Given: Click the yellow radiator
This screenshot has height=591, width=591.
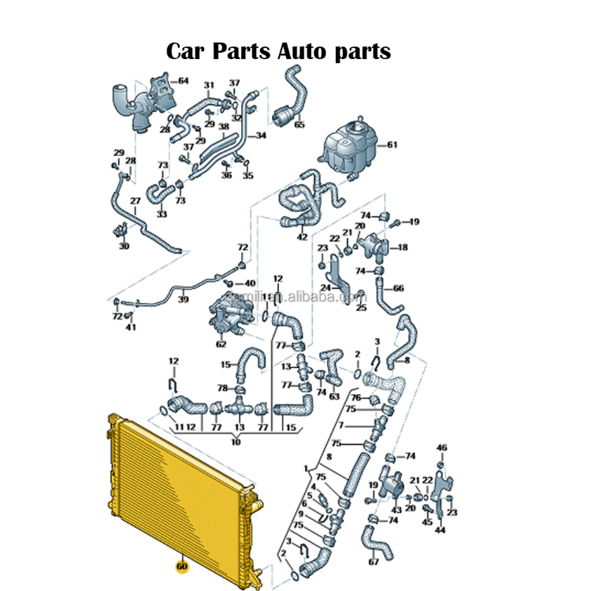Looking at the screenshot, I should pos(181,489).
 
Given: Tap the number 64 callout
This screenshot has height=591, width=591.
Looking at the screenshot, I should pos(183,80).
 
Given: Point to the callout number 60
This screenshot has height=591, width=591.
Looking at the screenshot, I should pos(182,566).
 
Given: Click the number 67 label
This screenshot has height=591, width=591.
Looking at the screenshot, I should pos(374,562).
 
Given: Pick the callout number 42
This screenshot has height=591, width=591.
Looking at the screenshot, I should pos(303,236).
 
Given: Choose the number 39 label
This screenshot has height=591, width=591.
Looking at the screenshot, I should pos(183,299).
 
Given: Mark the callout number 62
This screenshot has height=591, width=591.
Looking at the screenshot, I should pos(221,344).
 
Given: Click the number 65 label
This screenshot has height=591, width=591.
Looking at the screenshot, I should pos(299,125).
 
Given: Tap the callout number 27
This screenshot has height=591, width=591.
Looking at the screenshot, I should pos(135,201).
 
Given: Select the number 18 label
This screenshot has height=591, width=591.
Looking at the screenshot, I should pos(403,247).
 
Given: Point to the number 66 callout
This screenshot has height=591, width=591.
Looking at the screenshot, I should pos(399,288).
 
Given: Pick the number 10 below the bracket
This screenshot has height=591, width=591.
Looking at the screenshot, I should pos(235,443).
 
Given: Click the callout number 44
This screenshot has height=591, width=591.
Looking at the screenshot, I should pos(440,530).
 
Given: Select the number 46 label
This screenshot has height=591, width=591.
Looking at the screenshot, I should pos(441,448).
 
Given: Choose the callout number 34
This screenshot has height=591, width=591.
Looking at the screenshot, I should pos(261,136).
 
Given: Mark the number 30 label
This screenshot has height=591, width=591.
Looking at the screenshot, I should pos(124,247).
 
